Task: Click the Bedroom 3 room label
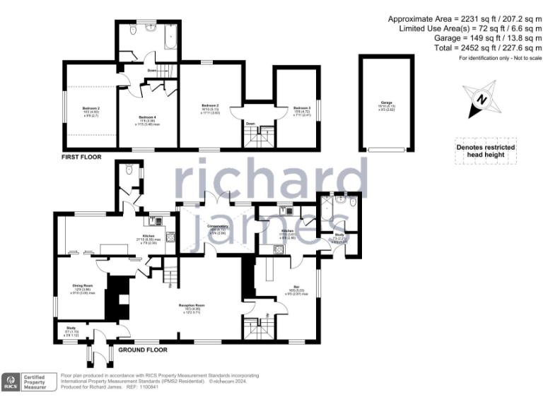[x=301, y=107]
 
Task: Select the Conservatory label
[x=216, y=226]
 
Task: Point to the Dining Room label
[x=83, y=287]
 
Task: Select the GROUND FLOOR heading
[x=143, y=350]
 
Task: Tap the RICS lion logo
[x=11, y=382]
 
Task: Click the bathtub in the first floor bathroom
[x=170, y=34]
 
